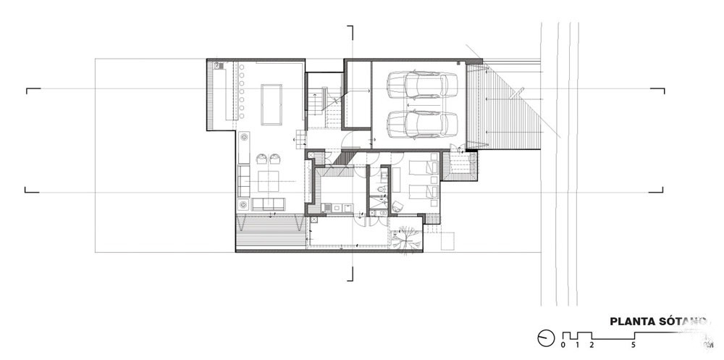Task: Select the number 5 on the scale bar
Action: coord(633,344)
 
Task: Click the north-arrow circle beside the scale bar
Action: coord(546,336)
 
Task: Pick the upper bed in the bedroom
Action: coord(422,169)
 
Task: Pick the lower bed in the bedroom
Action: coord(422,192)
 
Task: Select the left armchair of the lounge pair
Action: coord(259,158)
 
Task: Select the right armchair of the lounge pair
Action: coord(276,158)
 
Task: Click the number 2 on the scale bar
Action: coord(592,344)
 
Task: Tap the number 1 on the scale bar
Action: coord(578,344)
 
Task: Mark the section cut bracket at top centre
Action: coord(351,32)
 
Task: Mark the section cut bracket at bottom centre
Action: coord(351,273)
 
